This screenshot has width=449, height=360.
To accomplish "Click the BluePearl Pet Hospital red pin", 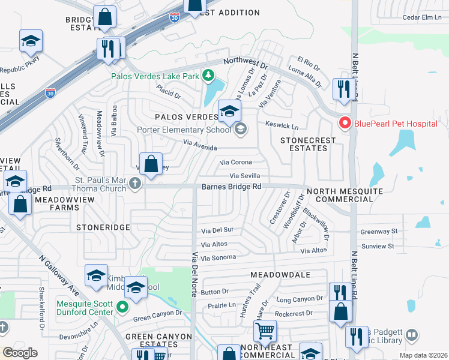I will [x=345, y=124].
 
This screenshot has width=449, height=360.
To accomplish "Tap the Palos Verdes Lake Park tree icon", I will [x=208, y=75].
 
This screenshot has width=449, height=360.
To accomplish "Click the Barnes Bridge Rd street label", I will [x=231, y=187].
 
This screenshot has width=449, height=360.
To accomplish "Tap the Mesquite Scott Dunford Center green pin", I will [x=123, y=307].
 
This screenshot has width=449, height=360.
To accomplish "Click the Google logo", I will [x=20, y=353].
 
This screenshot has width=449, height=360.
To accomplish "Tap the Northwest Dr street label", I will [x=245, y=62].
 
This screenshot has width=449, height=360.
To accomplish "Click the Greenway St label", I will [x=379, y=231].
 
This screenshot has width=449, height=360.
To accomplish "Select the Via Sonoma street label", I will [x=218, y=257].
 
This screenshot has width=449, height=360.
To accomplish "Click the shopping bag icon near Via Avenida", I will [x=152, y=163].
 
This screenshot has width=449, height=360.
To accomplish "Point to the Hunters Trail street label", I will [x=249, y=298].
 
